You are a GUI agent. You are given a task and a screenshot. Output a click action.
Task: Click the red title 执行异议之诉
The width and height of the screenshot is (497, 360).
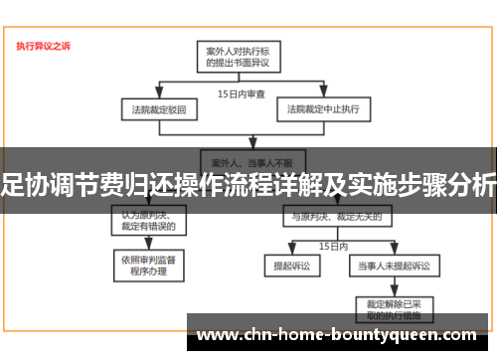click(x=44, y=46)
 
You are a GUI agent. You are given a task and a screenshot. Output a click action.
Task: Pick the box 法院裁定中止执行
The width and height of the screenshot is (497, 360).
click(x=323, y=106)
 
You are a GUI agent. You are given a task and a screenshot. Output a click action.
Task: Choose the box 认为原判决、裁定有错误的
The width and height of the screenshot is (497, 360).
click(x=148, y=219)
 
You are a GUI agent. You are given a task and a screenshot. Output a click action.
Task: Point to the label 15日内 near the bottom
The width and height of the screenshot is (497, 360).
click(x=332, y=245)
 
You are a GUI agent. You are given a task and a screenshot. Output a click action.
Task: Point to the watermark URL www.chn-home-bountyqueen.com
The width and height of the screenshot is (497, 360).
click(x=338, y=335)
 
